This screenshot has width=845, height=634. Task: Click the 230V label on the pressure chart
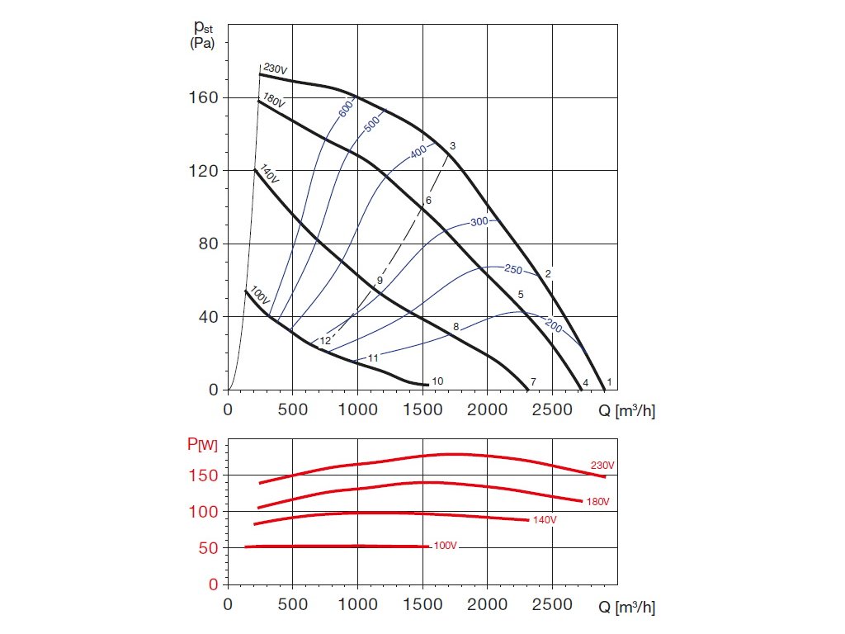click(276, 69)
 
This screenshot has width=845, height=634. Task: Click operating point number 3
click(453, 145)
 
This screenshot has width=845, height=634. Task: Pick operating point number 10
click(437, 381)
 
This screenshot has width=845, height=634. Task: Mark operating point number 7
click(533, 382)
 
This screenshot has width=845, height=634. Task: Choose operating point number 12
click(325, 340)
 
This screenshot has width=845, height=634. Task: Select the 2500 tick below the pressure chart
click(553, 409)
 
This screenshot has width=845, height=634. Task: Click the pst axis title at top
click(202, 28)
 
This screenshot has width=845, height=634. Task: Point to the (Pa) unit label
click(202, 44)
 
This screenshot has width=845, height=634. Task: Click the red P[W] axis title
click(203, 446)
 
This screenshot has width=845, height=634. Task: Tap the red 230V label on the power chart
click(602, 466)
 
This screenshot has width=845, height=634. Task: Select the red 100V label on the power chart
click(445, 546)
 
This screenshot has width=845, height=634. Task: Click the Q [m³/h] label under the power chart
click(626, 608)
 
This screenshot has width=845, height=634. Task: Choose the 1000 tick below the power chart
click(357, 604)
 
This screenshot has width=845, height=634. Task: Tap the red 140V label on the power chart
click(544, 520)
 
